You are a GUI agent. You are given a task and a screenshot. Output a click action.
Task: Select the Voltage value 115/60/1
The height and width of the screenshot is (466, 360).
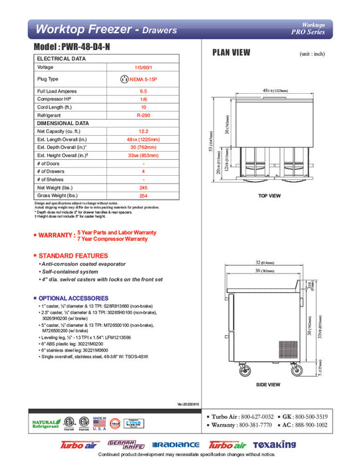[143, 67]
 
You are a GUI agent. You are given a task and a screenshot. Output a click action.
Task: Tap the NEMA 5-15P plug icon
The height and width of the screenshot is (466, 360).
[123, 79]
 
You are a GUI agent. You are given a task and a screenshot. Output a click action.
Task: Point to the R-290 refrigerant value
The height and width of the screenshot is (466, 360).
[143, 114]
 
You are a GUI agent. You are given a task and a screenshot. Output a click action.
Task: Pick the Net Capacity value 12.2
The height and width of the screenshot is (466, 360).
[143, 131]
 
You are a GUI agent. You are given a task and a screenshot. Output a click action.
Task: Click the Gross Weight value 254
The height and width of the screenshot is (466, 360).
[143, 196]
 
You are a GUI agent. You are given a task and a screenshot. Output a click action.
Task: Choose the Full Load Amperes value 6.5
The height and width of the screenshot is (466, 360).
[143, 90]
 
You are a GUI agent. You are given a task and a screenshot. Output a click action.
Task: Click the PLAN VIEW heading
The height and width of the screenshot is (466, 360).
[231, 53]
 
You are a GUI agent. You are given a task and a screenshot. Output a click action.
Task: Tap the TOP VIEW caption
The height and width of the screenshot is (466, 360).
[269, 196]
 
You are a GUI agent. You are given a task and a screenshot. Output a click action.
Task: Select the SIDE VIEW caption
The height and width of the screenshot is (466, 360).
[269, 385]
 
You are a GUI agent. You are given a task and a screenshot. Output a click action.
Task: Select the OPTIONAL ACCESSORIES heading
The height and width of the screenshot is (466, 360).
[72, 298]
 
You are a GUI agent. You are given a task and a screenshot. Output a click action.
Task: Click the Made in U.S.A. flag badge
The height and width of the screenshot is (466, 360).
[100, 423]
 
